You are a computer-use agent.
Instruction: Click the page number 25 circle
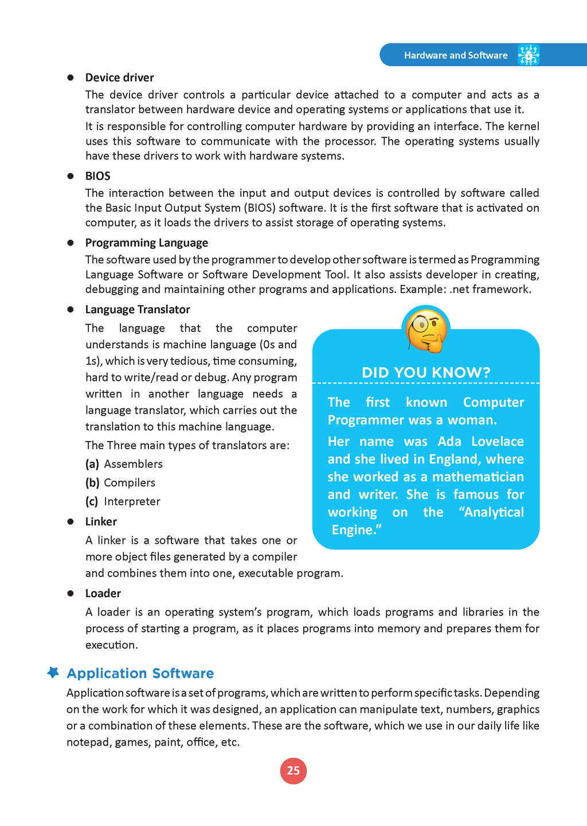coord(293,770)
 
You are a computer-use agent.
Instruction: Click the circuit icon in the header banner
coord(529,55)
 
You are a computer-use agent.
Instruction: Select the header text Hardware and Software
coord(456,56)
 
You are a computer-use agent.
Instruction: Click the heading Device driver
coord(119,77)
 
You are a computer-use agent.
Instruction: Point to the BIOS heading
coord(98,176)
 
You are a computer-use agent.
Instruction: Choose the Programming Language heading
coord(146,243)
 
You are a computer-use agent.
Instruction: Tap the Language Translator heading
coord(138,309)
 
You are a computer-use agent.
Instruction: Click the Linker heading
coord(101,521)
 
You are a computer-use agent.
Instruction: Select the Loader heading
coord(103,593)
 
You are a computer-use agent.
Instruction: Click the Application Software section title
coord(140,673)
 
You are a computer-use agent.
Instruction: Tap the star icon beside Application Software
coord(53,672)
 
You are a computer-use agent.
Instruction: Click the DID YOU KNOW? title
coord(426,373)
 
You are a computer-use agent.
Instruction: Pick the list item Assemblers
coord(133,464)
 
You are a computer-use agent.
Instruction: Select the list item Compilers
coord(130,483)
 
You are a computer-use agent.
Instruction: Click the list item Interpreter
coord(132,501)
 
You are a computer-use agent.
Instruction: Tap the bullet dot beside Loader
coord(71,593)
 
